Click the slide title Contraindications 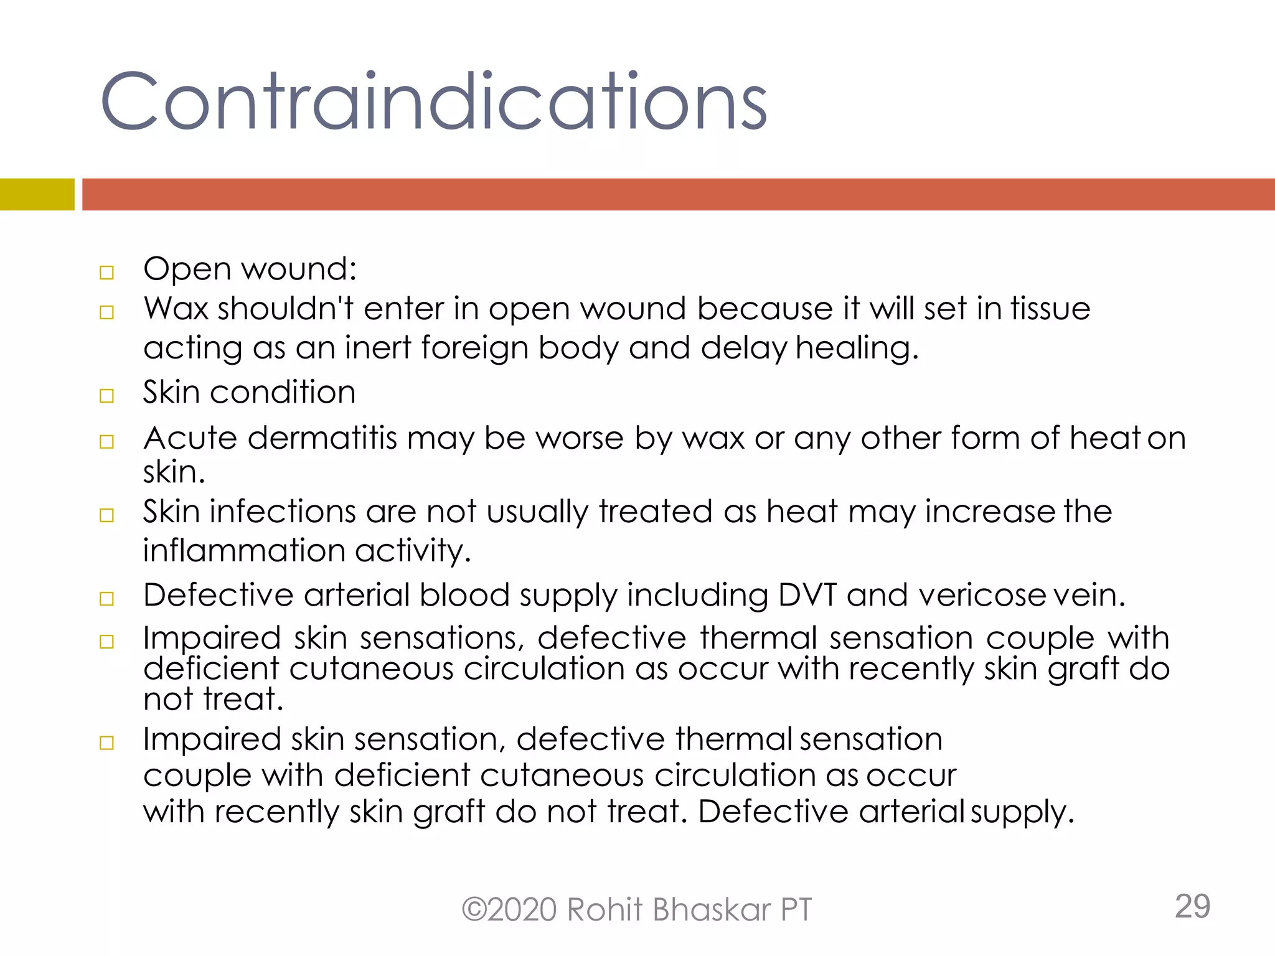433,101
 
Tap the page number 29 1192,906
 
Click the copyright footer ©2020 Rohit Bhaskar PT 636,909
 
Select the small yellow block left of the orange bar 37,194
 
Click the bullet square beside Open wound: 107,273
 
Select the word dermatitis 322,438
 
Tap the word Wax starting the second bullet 176,309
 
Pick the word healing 857,349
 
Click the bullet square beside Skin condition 107,396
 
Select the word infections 283,512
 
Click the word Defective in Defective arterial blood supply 218,595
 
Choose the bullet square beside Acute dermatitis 107,442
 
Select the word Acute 191,438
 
